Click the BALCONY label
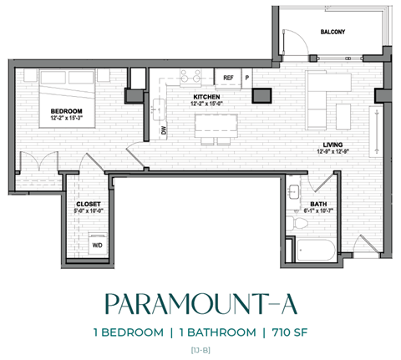[x=332, y=32]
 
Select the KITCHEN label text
[x=206, y=97]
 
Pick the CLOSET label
[x=88, y=203]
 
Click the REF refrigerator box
[x=228, y=78]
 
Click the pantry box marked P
[x=246, y=78]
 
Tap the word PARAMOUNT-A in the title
[x=200, y=302]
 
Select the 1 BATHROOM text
[x=214, y=332]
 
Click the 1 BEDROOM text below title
[x=129, y=332]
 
